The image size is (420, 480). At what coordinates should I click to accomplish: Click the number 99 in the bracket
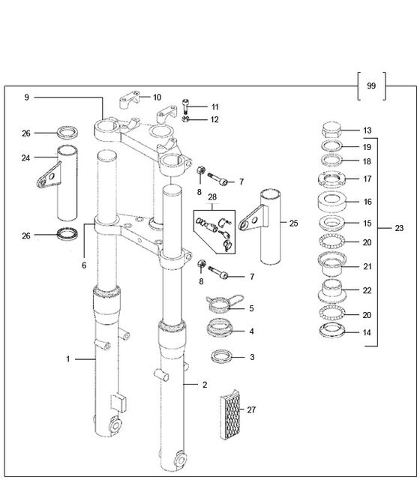pos(371,85)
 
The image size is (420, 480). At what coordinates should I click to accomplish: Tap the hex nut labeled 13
pos(331,130)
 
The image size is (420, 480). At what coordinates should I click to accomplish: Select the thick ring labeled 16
pos(332,202)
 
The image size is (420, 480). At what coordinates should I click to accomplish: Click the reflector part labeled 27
pos(230,415)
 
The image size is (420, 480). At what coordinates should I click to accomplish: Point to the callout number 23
pos(399,228)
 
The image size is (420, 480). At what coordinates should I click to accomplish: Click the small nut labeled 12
pos(185,118)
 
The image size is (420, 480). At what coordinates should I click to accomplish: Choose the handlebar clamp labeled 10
pos(129,99)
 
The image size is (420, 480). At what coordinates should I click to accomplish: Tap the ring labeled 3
pos(221,357)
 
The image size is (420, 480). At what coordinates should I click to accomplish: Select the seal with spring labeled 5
pos(225,304)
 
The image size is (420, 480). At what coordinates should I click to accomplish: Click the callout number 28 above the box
pos(212,197)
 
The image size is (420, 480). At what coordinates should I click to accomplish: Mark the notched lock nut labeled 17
pos(331,179)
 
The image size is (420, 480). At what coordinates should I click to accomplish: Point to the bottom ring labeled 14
pos(332,331)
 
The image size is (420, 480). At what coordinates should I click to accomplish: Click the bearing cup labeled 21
pos(332,264)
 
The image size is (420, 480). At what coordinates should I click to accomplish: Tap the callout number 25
pos(293,223)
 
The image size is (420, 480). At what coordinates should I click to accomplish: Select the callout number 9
pos(27,97)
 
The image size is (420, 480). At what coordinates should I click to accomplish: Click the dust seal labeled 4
pos(220,328)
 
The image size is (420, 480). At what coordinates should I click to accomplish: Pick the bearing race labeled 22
pos(332,292)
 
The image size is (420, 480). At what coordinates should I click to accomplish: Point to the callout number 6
pos(84,265)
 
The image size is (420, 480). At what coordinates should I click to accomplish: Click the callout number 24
pos(25,158)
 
